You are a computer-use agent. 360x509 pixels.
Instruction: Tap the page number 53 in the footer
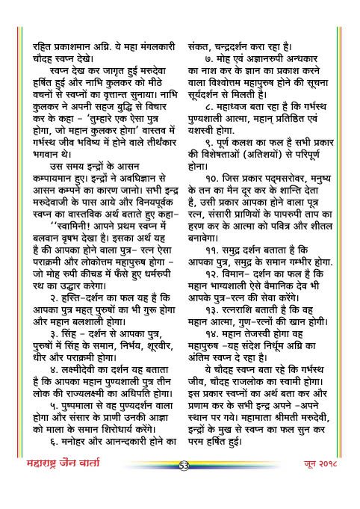183,488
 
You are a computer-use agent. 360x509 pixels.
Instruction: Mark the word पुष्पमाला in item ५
67,429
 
